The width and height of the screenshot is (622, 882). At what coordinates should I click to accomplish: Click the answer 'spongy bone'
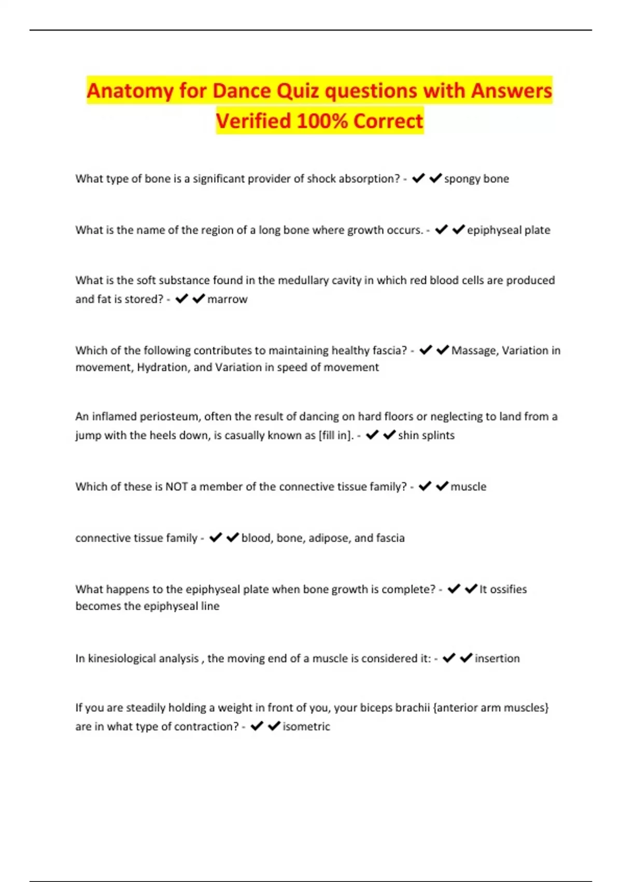tap(476, 179)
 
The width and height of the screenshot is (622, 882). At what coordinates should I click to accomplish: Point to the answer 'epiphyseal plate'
tap(508, 230)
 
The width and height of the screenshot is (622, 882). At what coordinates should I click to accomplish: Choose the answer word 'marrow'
tap(227, 299)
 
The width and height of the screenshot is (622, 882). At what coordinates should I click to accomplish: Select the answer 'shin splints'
tap(426, 435)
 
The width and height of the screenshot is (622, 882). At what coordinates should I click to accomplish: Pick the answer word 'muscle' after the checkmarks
tap(469, 487)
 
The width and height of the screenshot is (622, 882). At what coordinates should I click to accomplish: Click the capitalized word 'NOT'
tap(176, 487)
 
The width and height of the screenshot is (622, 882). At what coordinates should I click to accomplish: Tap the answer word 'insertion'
tap(497, 658)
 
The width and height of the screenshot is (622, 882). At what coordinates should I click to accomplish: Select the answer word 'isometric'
tap(306, 726)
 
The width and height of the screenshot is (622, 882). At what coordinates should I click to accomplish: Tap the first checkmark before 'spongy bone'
tap(418, 178)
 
